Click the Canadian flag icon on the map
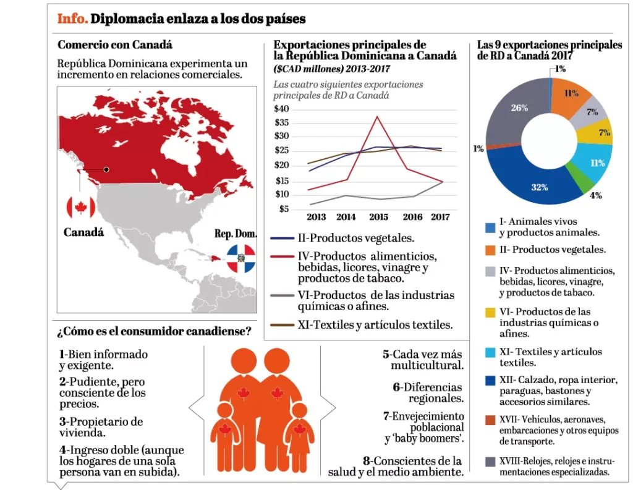click(x=80, y=208)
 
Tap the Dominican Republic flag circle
click(x=240, y=258)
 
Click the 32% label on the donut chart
click(x=539, y=187)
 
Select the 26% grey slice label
click(x=519, y=107)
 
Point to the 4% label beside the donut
click(x=595, y=195)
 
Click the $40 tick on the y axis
click(x=281, y=108)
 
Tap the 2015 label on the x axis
click(x=378, y=218)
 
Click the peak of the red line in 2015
click(x=377, y=116)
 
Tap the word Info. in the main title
click(x=72, y=19)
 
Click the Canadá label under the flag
click(x=83, y=233)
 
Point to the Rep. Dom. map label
click(x=235, y=234)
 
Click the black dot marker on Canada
click(x=106, y=169)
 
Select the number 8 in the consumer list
click(x=367, y=460)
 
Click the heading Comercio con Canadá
click(x=114, y=44)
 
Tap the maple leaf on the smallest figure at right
click(x=300, y=429)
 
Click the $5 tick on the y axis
click(x=284, y=209)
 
